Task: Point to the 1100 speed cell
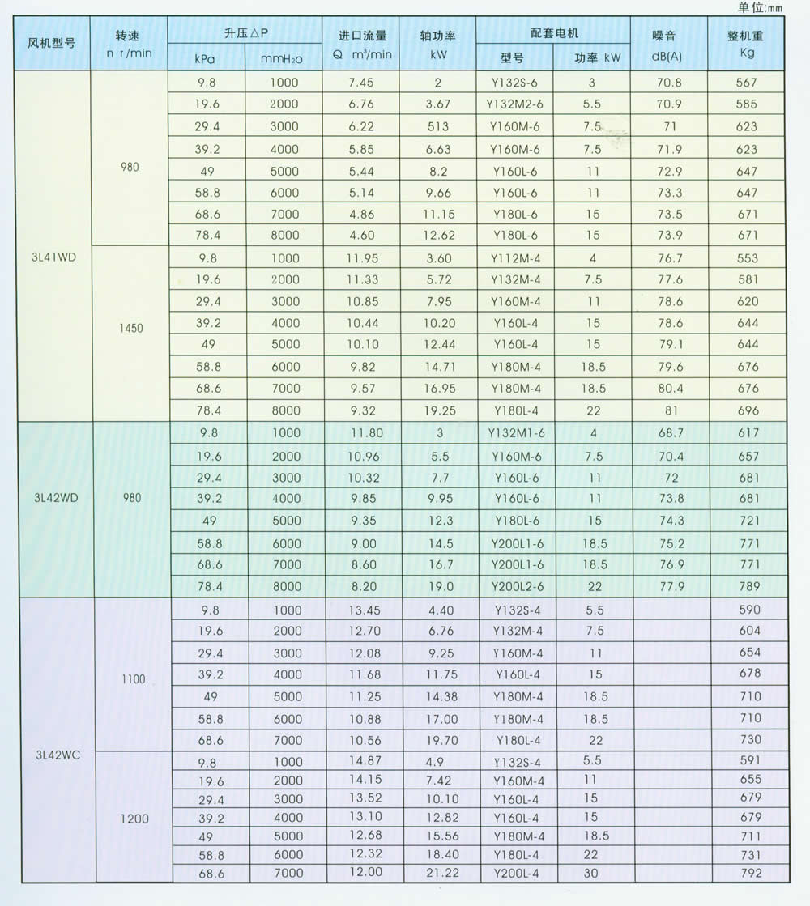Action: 133,678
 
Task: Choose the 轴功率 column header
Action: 437,36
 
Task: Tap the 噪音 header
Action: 668,36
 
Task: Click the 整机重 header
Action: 746,36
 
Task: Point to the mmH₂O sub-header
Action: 283,57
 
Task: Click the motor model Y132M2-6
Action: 515,104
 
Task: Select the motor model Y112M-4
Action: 515,258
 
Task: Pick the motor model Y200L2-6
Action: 515,586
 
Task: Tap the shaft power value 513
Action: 437,126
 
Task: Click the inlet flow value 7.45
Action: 360,83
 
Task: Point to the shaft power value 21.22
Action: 437,873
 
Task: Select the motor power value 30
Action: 592,873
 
